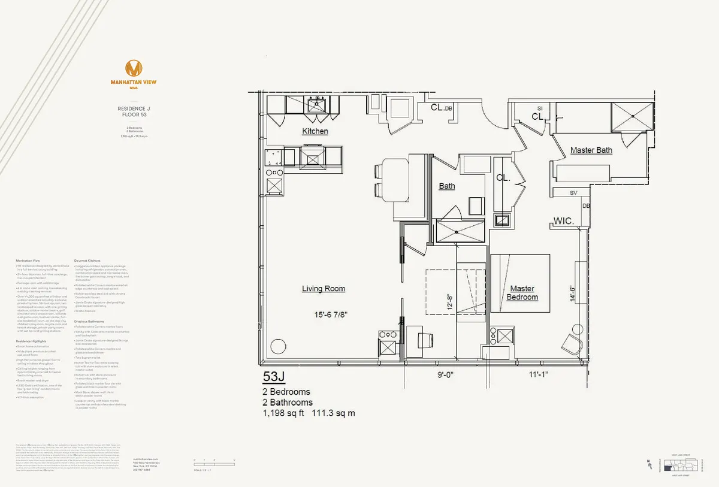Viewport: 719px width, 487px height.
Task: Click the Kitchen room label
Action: tap(315, 131)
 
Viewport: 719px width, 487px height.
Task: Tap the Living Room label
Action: tap(324, 289)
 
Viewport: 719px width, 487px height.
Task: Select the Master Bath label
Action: tap(591, 150)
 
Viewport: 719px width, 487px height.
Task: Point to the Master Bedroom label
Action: tap(522, 292)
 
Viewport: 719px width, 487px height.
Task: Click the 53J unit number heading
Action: tap(275, 377)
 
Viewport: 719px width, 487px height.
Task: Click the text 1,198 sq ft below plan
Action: tap(283, 413)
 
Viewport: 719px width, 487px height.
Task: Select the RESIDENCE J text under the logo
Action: tap(134, 108)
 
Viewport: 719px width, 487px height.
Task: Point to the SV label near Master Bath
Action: tap(573, 193)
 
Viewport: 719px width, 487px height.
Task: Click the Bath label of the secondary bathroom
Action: tap(447, 186)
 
